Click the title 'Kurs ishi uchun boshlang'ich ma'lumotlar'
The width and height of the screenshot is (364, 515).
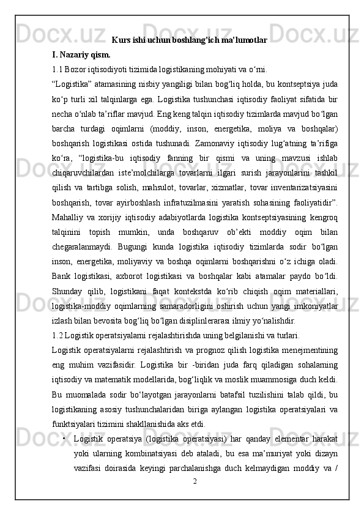pos(189,40)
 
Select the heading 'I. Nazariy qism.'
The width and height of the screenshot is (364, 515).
pos(77,54)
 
